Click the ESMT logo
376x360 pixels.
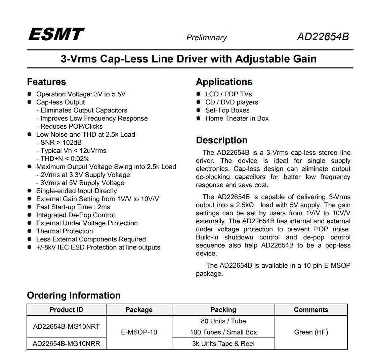pyautogui.click(x=56, y=34)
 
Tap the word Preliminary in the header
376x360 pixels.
pyautogui.click(x=206, y=38)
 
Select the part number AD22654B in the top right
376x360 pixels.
pyautogui.click(x=323, y=37)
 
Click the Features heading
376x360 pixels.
pyautogui.click(x=46, y=82)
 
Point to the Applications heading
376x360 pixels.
pyautogui.click(x=224, y=82)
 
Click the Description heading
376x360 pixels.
pyautogui.click(x=221, y=140)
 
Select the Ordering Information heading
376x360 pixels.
pyautogui.click(x=74, y=295)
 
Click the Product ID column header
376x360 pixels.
pyautogui.click(x=66, y=310)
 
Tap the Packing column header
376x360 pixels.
pyautogui.click(x=223, y=310)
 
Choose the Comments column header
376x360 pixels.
pyautogui.click(x=311, y=310)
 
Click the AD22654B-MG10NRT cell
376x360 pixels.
pyautogui.click(x=66, y=326)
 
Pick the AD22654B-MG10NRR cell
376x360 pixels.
pyautogui.click(x=66, y=344)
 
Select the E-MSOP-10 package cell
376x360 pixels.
pyautogui.click(x=139, y=332)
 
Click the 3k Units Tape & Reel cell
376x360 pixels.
pyautogui.click(x=223, y=344)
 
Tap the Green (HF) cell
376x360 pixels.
pyautogui.click(x=311, y=332)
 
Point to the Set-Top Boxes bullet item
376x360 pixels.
pyautogui.click(x=227, y=110)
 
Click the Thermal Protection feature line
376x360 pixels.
pyautogui.click(x=65, y=231)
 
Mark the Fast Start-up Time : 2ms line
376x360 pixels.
pyautogui.click(x=73, y=207)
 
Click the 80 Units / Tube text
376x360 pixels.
pyautogui.click(x=223, y=321)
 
